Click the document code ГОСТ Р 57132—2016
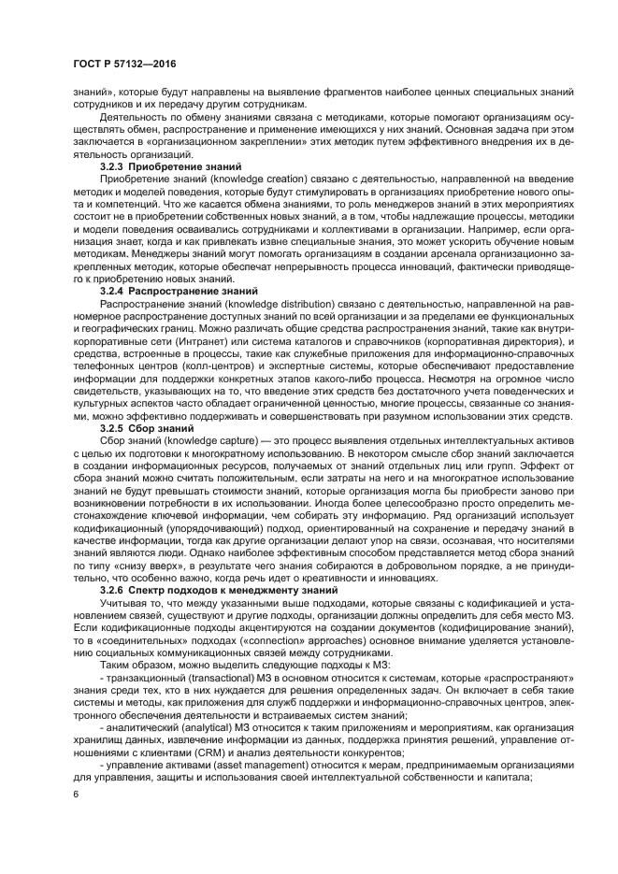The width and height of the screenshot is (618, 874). (123, 63)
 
